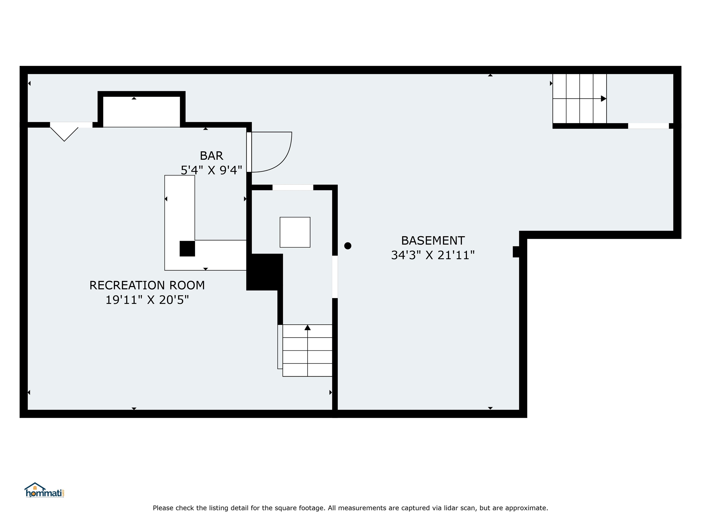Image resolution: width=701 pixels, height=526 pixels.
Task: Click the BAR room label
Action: tap(211, 156)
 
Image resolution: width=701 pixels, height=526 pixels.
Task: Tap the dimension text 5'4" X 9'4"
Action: tap(211, 170)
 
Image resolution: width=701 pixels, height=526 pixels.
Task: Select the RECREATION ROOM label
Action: tap(147, 285)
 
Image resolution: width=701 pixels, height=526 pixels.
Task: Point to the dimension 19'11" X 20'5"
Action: tap(147, 300)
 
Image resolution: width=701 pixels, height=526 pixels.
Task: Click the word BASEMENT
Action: tap(433, 241)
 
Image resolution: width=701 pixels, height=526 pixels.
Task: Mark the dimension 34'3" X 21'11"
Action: tap(433, 255)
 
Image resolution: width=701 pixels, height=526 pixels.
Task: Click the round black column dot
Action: tap(348, 246)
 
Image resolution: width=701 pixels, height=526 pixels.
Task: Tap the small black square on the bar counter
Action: tap(187, 249)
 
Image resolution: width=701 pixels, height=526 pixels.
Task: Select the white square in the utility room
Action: tap(295, 232)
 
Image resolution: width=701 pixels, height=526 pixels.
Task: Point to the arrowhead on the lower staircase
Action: tap(307, 328)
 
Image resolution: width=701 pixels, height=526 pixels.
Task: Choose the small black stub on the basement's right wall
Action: tap(516, 252)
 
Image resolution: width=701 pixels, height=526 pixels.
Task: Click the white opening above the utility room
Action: tap(293, 187)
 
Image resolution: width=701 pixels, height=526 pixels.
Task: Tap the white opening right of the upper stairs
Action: tap(648, 126)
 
